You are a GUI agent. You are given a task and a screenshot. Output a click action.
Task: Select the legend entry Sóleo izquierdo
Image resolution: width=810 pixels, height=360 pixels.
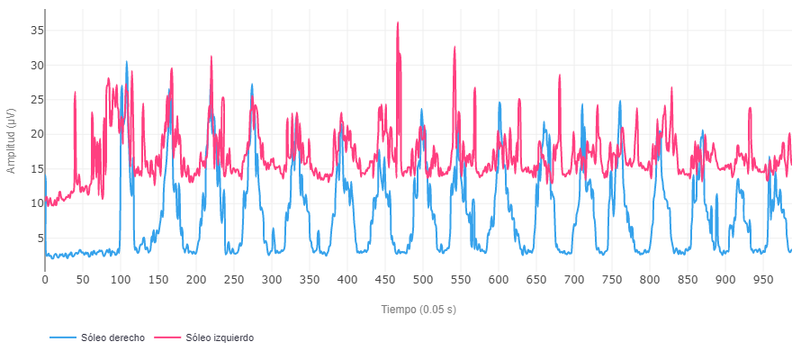tap(220, 337)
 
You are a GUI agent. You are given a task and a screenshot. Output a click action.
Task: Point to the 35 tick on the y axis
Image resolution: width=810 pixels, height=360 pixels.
tap(37, 31)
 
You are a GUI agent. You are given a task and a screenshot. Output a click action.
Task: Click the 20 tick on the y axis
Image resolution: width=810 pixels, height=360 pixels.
tap(37, 134)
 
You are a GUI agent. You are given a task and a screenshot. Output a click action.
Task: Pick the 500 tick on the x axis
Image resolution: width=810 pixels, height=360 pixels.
tap(423, 280)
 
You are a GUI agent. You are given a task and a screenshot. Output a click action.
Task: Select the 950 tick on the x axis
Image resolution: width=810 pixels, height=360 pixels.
tap(763, 280)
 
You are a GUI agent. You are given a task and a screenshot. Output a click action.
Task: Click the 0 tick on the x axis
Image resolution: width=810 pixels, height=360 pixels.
tap(45, 280)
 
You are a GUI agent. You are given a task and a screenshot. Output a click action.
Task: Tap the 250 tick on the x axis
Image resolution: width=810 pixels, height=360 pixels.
tap(234, 280)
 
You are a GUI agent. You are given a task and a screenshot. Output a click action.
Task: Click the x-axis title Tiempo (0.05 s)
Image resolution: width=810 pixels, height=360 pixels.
tap(418, 310)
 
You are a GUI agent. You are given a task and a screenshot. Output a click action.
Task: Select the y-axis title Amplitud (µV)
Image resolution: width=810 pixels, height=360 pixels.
tap(11, 139)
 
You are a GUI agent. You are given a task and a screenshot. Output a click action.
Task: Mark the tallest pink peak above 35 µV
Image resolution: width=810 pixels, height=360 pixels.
tap(398, 23)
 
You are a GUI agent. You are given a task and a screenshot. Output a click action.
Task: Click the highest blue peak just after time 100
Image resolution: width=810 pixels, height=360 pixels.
tap(126, 62)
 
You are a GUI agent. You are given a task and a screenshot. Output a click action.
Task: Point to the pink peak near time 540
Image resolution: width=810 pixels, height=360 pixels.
tap(454, 47)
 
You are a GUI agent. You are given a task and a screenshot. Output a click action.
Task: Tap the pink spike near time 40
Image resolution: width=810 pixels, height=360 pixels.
tap(76, 92)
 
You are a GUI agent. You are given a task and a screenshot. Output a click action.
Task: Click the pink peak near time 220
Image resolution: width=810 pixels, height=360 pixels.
tap(211, 57)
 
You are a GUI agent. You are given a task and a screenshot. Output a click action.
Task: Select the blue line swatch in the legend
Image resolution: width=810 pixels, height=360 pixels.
tap(62, 337)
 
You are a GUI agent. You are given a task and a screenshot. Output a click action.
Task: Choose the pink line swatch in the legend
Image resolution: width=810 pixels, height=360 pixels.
tap(167, 337)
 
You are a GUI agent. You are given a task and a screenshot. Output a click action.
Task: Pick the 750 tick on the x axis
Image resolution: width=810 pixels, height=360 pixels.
tap(612, 280)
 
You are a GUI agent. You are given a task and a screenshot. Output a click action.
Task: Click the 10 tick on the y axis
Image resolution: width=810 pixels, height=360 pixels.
tap(37, 203)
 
